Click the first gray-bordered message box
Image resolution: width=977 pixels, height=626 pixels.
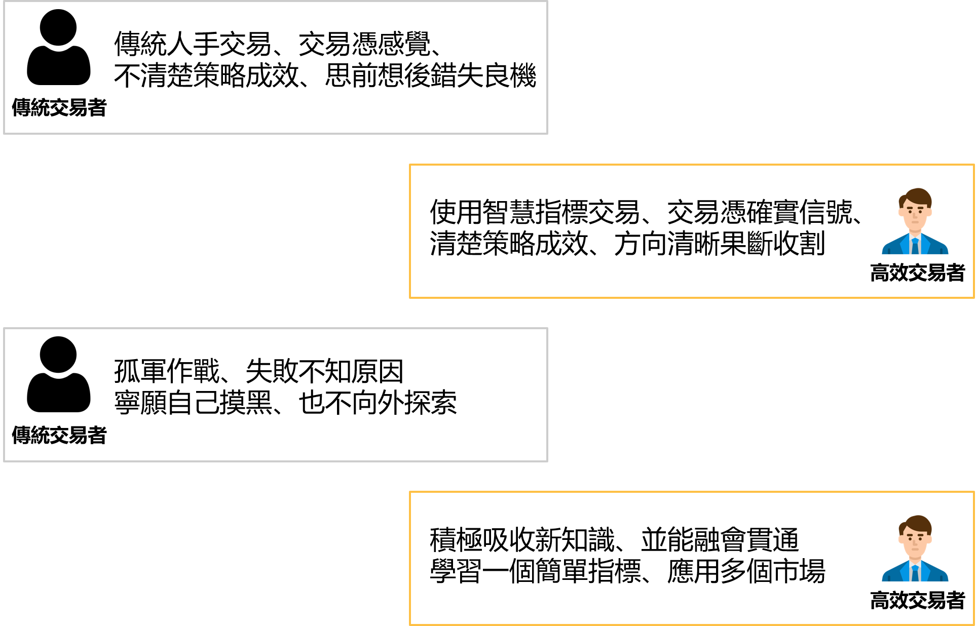tap(276, 68)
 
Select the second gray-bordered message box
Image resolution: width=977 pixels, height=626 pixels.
tap(276, 395)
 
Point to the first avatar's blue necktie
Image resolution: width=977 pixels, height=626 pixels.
tap(915, 247)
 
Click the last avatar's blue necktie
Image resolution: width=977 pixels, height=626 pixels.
tap(915, 574)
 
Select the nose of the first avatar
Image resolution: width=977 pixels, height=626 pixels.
tap(915, 216)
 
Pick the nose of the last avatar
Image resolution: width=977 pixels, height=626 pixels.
tap(915, 543)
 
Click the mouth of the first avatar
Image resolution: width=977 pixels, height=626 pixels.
tap(915, 222)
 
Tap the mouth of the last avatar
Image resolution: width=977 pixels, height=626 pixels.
tap(915, 549)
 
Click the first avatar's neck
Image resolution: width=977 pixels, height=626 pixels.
tap(915, 233)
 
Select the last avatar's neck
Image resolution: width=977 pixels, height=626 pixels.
tap(915, 560)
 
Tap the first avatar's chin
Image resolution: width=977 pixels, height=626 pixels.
tap(915, 227)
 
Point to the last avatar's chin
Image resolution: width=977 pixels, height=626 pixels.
tap(915, 555)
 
